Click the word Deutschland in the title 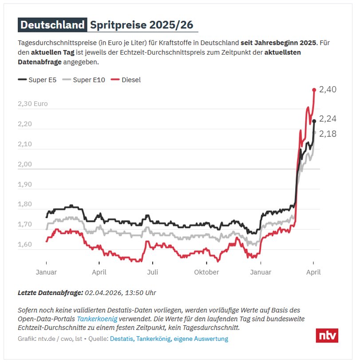(52, 25)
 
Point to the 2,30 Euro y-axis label (32, 104)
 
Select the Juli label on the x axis (152, 272)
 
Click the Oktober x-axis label (206, 272)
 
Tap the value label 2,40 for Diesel (328, 90)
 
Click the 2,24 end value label (328, 119)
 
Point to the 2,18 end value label (328, 134)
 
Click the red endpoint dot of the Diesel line (314, 90)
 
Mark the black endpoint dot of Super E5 (314, 121)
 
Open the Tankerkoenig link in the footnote (97, 319)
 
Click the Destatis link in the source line (121, 339)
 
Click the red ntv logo (327, 335)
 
